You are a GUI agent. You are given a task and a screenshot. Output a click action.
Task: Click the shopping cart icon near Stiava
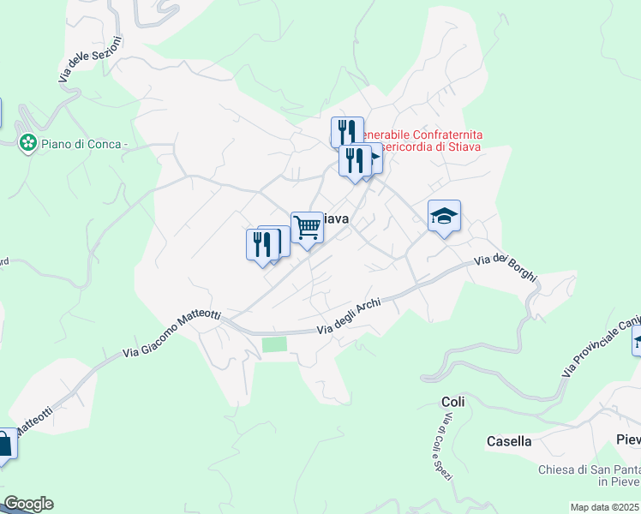tap(307, 228)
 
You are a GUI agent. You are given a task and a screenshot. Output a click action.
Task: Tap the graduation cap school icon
tap(444, 216)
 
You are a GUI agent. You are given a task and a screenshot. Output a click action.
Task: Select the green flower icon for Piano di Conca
tap(28, 143)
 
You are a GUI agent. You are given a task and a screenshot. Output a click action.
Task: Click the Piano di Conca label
tap(84, 144)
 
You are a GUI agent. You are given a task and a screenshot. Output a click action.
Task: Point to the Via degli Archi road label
tap(348, 319)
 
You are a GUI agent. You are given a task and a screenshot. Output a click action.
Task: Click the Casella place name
tap(509, 441)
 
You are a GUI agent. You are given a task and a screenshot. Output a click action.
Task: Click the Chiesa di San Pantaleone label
tap(589, 475)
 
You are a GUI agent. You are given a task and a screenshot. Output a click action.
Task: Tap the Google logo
tap(27, 504)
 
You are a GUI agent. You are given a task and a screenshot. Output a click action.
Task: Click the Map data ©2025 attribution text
tap(605, 507)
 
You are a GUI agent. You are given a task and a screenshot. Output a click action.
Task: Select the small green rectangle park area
tap(274, 344)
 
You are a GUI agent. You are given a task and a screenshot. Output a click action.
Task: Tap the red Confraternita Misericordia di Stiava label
tap(420, 140)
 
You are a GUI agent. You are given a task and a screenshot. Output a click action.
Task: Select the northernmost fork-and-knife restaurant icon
tap(346, 132)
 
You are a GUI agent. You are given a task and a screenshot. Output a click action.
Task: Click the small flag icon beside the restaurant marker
tap(374, 158)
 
